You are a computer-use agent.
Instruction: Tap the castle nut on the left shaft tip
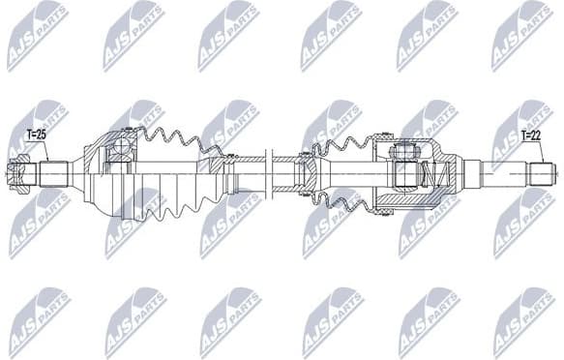15,175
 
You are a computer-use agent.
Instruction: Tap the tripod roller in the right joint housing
401,152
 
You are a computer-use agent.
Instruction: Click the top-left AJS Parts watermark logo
37,36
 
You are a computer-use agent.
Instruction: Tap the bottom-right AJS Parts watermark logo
522,320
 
